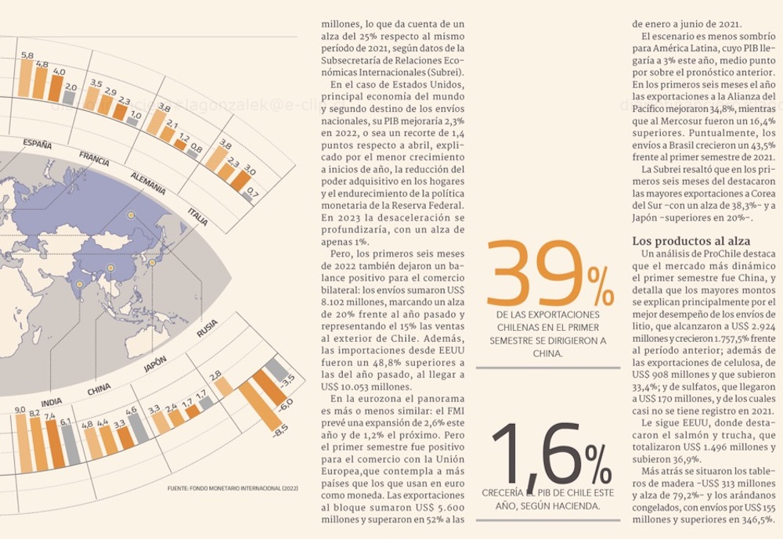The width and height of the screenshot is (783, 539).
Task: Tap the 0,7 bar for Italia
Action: tap(247, 196)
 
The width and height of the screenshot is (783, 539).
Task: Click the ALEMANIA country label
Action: tap(148, 182)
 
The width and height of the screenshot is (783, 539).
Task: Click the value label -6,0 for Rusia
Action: tap(283, 404)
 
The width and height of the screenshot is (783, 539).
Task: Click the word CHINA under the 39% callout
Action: tap(548, 354)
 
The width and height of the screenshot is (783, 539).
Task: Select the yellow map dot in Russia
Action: tap(131, 214)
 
